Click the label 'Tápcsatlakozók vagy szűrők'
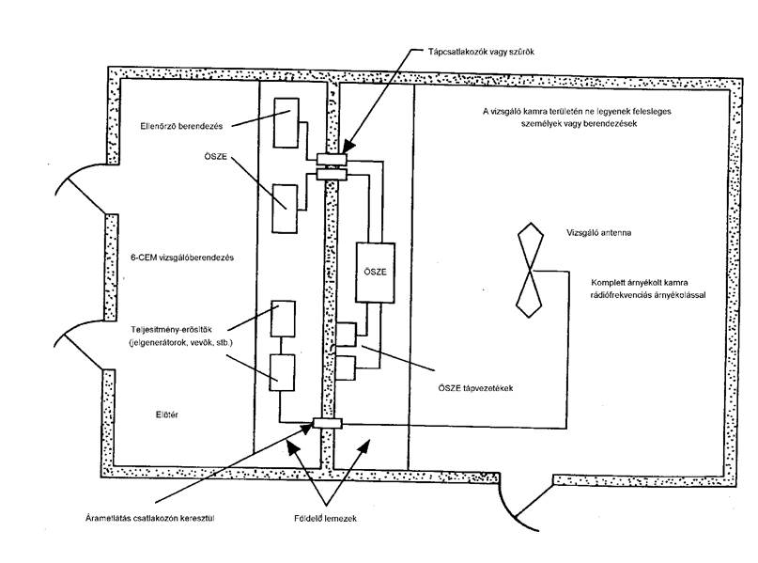481,52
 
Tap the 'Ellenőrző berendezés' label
182,126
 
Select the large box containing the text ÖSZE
375,273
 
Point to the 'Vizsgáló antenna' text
599,233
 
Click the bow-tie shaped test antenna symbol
530,270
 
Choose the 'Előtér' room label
167,414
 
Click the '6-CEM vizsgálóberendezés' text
182,258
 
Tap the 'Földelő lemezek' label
325,518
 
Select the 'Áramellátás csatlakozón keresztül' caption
150,518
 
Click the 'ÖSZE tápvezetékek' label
475,388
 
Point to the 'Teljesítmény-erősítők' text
172,330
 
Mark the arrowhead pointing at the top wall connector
349,145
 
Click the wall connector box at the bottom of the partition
328,423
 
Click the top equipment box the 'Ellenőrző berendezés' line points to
286,123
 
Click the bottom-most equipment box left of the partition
283,372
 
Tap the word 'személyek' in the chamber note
540,123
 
